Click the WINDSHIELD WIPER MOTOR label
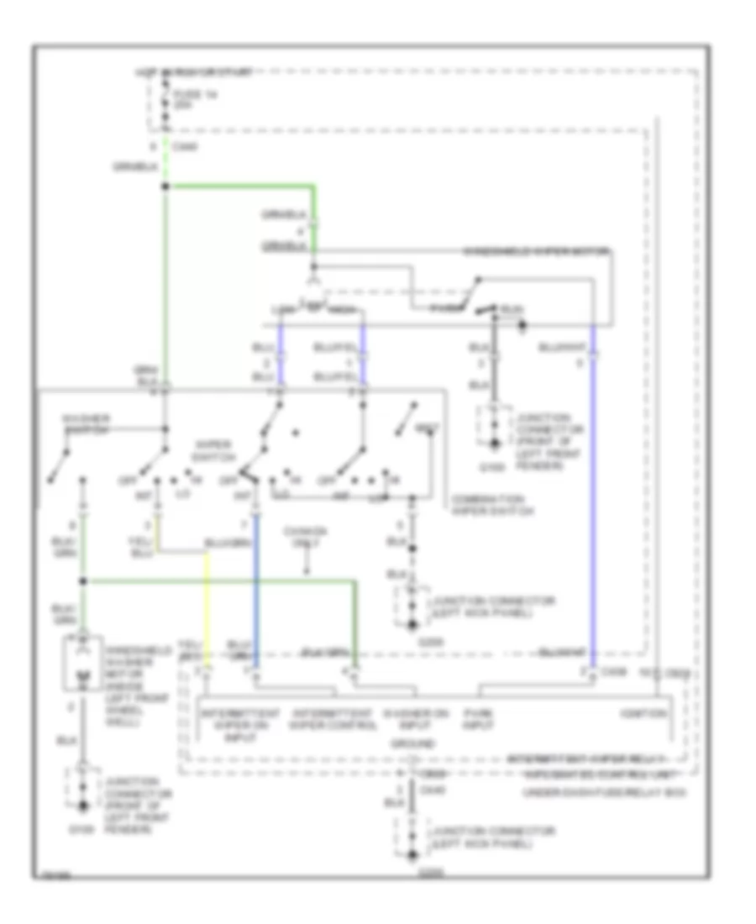[x=537, y=251]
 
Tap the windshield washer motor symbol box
[x=83, y=664]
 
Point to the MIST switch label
[x=428, y=429]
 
